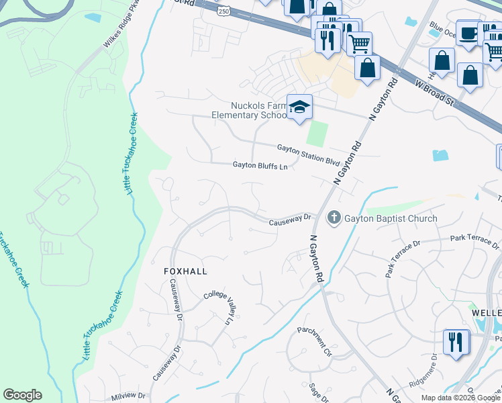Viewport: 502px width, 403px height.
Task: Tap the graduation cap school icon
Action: point(299,107)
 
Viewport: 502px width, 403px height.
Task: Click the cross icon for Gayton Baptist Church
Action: point(334,218)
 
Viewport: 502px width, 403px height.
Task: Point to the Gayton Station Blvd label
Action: point(309,154)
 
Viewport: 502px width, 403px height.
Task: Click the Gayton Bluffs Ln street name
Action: point(260,165)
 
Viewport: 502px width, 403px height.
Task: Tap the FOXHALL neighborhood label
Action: point(186,271)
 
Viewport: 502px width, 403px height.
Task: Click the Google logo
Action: point(22,395)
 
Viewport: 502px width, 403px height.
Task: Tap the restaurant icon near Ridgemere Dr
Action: point(456,342)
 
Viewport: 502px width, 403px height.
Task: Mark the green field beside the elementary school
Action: point(317,133)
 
